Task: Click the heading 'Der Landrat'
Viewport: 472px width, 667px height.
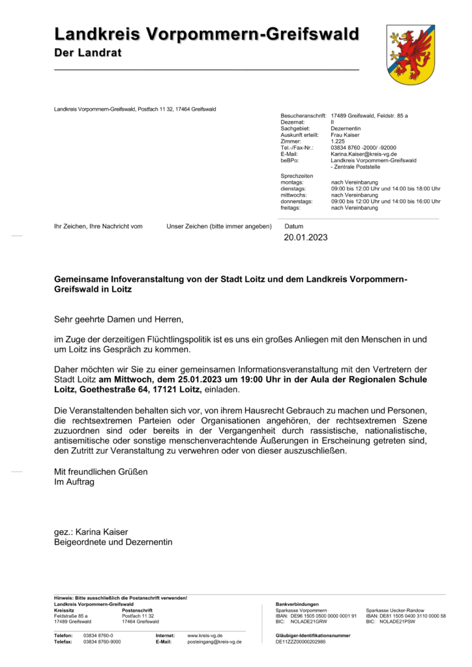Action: [88, 53]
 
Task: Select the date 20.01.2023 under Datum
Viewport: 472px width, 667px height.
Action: [305, 238]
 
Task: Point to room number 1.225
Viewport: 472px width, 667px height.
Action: [338, 141]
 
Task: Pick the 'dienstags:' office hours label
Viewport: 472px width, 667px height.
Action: [294, 189]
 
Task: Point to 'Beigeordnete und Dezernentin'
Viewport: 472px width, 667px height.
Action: [113, 542]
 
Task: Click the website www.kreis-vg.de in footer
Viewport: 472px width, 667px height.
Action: [205, 635]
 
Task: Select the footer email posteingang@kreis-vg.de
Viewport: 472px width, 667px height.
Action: [214, 642]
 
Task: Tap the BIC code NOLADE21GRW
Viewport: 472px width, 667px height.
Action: [310, 622]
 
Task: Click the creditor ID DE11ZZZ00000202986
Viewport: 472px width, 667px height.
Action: [301, 642]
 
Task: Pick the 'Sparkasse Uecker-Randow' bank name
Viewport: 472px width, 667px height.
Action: [395, 610]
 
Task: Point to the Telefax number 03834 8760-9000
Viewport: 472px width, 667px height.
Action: [102, 642]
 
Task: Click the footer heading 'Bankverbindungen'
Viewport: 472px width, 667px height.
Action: [297, 604]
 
